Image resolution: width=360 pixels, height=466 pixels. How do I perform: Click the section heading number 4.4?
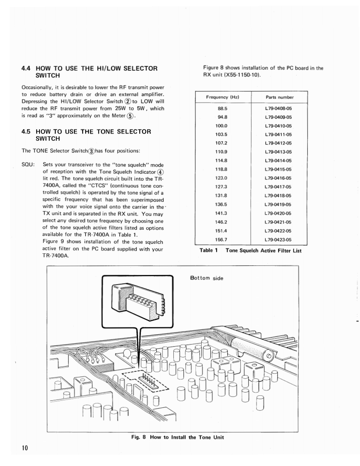tap(27, 68)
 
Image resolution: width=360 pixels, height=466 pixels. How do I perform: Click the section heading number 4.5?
tap(27, 132)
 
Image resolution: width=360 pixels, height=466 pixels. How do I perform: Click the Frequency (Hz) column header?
tap(223, 97)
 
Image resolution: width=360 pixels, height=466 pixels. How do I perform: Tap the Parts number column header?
tap(279, 97)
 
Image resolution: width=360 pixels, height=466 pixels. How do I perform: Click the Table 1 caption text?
tap(250, 250)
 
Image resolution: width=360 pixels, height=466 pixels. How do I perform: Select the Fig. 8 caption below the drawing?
tap(174, 437)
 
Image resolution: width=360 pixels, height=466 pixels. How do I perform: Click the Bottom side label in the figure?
tap(207, 278)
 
